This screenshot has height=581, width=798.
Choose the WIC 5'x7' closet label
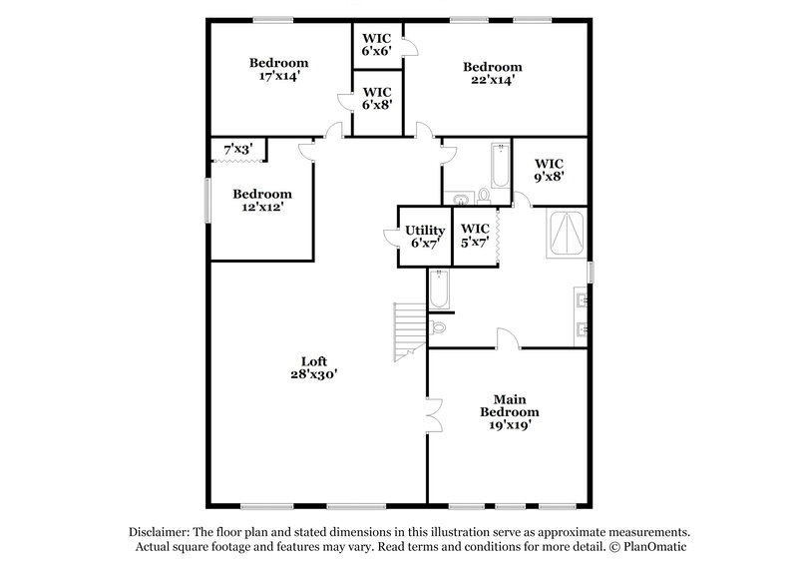click(476, 236)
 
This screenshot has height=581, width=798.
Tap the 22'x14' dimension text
click(493, 81)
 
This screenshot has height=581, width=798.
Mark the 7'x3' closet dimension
click(237, 149)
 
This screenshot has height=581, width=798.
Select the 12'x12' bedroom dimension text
click(262, 208)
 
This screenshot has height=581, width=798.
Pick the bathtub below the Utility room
click(440, 290)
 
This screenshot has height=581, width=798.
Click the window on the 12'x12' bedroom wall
click(207, 200)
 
